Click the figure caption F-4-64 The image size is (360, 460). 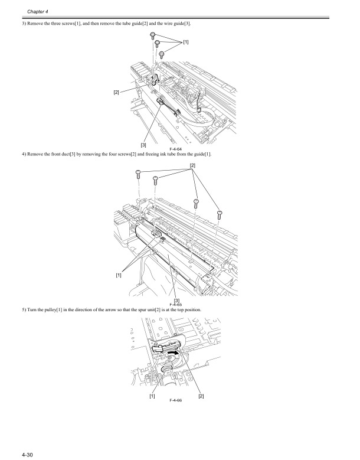pos(174,149)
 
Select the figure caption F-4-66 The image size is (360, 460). pos(175,400)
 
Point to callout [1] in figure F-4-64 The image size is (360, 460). pos(186,43)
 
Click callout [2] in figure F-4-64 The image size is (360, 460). pos(117,92)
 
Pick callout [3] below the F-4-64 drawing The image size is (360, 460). pos(143,143)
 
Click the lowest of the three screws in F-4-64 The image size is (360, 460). pos(162,55)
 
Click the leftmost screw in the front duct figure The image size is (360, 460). pos(138,174)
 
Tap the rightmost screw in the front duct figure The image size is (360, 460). pos(219,213)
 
